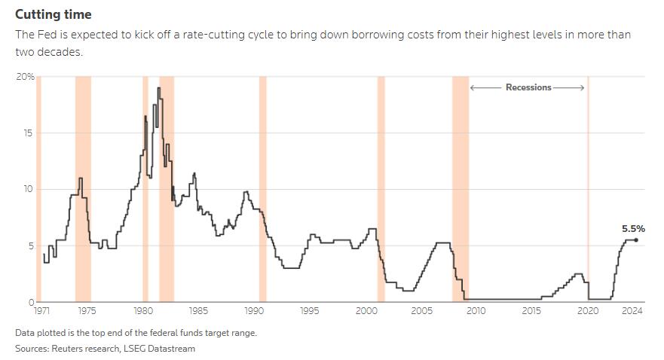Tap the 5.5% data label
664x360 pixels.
tap(633, 228)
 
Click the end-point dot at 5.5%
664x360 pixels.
tap(636, 240)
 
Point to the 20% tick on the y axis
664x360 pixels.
tap(25, 76)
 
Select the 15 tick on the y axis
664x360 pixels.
tap(29, 133)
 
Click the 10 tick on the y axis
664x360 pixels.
tap(29, 189)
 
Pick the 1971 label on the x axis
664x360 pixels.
tap(43, 310)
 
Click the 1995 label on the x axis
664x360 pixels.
tap(310, 310)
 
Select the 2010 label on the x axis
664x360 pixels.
tap(476, 310)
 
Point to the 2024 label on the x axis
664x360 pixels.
tap(632, 310)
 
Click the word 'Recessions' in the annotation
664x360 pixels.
tap(528, 87)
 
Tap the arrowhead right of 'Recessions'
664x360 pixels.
tap(582, 87)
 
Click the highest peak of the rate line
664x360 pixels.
tap(158, 88)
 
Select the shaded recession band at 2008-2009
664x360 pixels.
tap(461, 188)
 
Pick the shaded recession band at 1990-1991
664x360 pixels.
tap(262, 188)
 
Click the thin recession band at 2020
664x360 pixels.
tap(588, 188)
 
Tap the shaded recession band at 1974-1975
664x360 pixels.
tap(83, 188)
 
